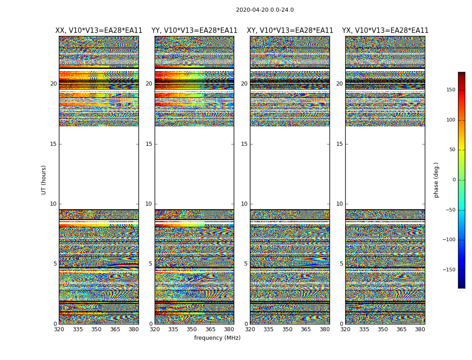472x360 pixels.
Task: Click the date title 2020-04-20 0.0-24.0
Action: (x=265, y=10)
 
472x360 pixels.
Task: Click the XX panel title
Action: (x=99, y=31)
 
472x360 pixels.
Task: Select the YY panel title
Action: (x=194, y=31)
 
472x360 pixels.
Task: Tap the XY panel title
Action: (x=290, y=31)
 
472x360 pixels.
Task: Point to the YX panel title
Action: (x=385, y=31)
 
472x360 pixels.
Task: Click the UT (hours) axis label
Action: (x=44, y=180)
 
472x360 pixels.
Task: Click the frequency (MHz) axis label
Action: (x=217, y=338)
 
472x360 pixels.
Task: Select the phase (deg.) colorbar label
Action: (x=436, y=180)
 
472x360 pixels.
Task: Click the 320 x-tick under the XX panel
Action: (x=59, y=329)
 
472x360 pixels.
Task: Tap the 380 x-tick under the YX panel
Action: (x=420, y=329)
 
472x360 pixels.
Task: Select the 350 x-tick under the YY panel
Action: (x=192, y=329)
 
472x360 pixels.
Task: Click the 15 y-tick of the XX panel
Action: (x=53, y=144)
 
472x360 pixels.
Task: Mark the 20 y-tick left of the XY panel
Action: (x=244, y=84)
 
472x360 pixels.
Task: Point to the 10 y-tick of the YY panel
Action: (x=149, y=204)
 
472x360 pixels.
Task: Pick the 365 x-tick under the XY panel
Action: (x=306, y=329)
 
